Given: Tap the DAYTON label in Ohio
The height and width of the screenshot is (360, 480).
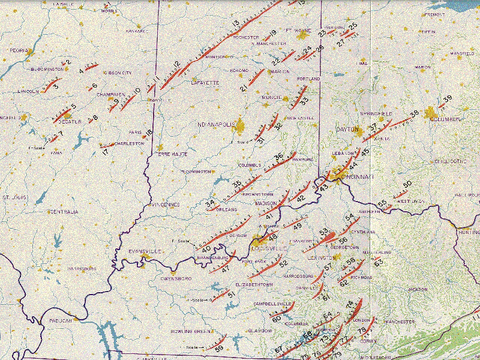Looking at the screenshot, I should pos(347,129).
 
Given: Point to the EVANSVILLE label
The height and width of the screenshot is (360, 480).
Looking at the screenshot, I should pos(142,251).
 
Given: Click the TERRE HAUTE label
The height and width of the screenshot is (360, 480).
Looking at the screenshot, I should pos(172,154).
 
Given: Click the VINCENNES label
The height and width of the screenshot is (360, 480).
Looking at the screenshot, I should pos(165,205).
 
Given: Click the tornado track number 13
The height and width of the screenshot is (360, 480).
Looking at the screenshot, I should pos(236,23).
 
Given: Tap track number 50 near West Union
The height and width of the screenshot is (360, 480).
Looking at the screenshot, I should pos(407,184).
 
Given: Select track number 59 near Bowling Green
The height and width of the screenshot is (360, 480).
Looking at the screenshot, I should pos(219,349).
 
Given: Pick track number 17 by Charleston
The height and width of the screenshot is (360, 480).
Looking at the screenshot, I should pos(106,151).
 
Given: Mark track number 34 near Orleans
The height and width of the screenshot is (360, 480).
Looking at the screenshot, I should pos(210,204).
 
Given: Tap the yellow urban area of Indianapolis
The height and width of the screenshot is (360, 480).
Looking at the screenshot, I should pos(241,127).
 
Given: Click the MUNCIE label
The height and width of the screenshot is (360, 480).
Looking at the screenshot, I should pos(271,97).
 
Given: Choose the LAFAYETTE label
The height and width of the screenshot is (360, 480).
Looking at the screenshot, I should pos(202,82).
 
